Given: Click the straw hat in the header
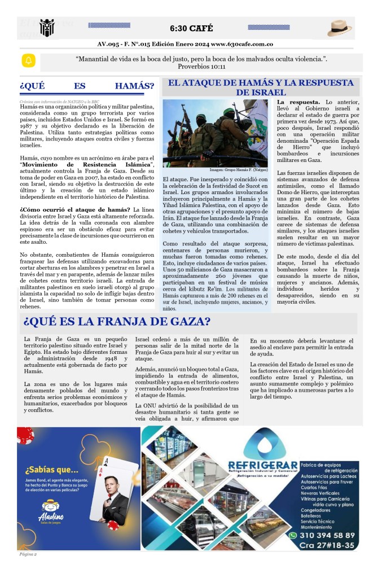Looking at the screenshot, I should [x=340, y=28].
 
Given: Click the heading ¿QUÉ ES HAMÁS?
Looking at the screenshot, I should [x=87, y=86].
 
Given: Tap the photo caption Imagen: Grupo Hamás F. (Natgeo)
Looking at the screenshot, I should [x=238, y=169].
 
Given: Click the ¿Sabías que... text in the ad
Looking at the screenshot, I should [x=47, y=470].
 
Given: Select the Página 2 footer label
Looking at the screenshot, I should [x=28, y=555].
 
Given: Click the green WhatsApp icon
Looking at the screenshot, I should [x=293, y=535].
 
